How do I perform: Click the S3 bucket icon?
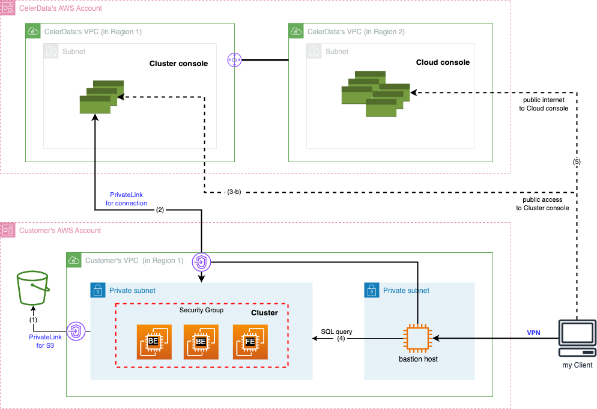[x=33, y=288]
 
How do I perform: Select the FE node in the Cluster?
[x=250, y=342]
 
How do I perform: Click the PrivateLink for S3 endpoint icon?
[x=76, y=331]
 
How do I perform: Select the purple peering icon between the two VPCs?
[x=234, y=60]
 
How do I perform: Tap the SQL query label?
[x=336, y=332]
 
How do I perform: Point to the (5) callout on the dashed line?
[x=577, y=161]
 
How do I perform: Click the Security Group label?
[x=201, y=310]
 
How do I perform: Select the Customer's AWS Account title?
[x=60, y=231]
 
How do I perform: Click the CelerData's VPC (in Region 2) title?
[x=356, y=31]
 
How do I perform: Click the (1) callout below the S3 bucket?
[x=34, y=320]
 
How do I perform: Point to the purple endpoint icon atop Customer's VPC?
[x=201, y=262]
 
